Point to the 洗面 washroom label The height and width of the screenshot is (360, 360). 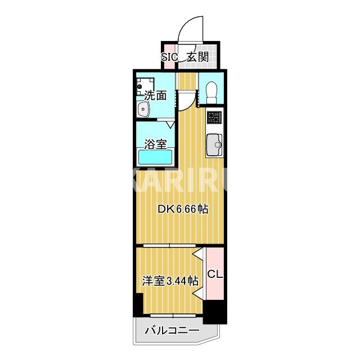click(155, 96)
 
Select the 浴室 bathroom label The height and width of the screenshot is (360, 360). click(155, 143)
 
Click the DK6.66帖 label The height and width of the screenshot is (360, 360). click(183, 209)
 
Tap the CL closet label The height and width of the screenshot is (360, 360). click(215, 274)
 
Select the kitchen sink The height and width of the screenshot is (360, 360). click(214, 146)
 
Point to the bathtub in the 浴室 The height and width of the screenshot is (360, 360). click(155, 158)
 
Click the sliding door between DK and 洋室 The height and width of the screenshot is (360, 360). click(169, 245)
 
